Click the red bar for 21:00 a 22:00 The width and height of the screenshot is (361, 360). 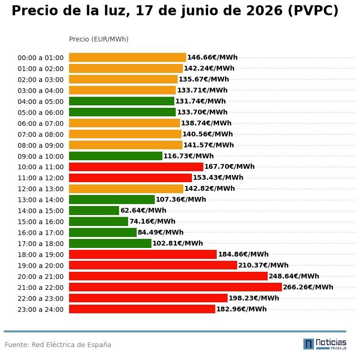(x=175, y=287)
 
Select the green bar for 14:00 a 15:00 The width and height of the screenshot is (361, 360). (x=94, y=210)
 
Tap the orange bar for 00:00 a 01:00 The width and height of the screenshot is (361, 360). (x=128, y=57)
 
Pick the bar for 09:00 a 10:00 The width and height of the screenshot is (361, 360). (x=116, y=156)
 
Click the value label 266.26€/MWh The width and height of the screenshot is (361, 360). (x=308, y=287)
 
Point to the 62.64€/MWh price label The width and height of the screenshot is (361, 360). (x=143, y=210)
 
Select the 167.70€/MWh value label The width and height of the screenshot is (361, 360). (x=230, y=166)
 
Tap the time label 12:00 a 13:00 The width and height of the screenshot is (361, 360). (x=40, y=189)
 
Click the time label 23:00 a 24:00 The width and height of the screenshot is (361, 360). (x=40, y=309)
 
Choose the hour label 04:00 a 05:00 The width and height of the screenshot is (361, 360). (x=40, y=102)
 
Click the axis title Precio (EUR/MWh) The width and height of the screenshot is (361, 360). (x=99, y=39)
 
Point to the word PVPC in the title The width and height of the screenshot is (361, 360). (x=312, y=10)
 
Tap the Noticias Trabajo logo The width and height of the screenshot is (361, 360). (x=325, y=344)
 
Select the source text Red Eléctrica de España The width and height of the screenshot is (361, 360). (x=71, y=345)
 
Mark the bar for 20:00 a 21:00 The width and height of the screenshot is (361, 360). (x=168, y=276)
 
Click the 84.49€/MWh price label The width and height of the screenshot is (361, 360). (x=160, y=232)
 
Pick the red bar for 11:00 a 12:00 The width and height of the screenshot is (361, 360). (x=130, y=178)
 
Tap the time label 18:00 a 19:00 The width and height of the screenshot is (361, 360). (x=40, y=255)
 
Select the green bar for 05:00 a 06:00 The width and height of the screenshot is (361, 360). (x=122, y=112)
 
